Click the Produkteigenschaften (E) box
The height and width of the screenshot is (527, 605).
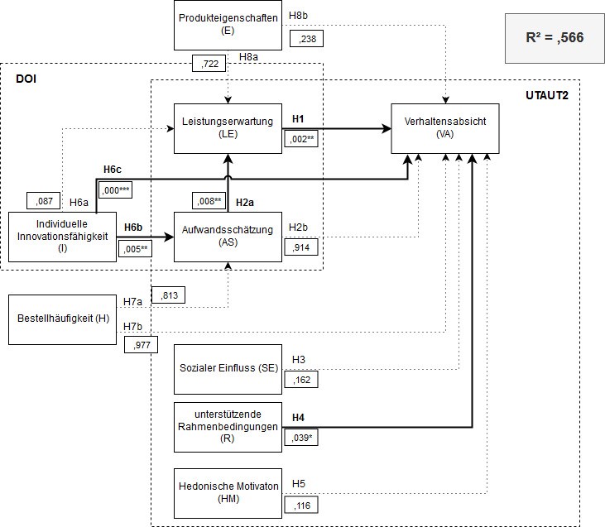pyautogui.click(x=228, y=24)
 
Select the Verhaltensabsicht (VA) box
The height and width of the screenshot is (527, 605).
pyautogui.click(x=446, y=127)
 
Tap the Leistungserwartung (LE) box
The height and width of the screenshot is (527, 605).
pyautogui.click(x=228, y=127)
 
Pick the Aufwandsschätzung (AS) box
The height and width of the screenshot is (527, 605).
pyautogui.click(x=228, y=236)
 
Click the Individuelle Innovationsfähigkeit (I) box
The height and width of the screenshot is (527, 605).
pyautogui.click(x=62, y=236)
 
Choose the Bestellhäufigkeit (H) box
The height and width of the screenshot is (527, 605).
pyautogui.click(x=62, y=319)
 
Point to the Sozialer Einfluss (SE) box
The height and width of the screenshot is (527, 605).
pyautogui.click(x=228, y=367)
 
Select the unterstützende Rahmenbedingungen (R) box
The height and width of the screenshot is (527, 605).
pyautogui.click(x=228, y=426)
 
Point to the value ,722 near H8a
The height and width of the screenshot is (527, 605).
pyautogui.click(x=208, y=63)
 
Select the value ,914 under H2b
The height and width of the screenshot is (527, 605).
pyautogui.click(x=301, y=247)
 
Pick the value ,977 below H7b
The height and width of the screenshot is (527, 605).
pyautogui.click(x=141, y=345)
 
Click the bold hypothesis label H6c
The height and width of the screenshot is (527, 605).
pyautogui.click(x=113, y=170)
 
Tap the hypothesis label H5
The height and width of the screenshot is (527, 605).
pyautogui.click(x=299, y=485)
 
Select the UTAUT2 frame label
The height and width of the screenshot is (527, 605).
pyautogui.click(x=546, y=95)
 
